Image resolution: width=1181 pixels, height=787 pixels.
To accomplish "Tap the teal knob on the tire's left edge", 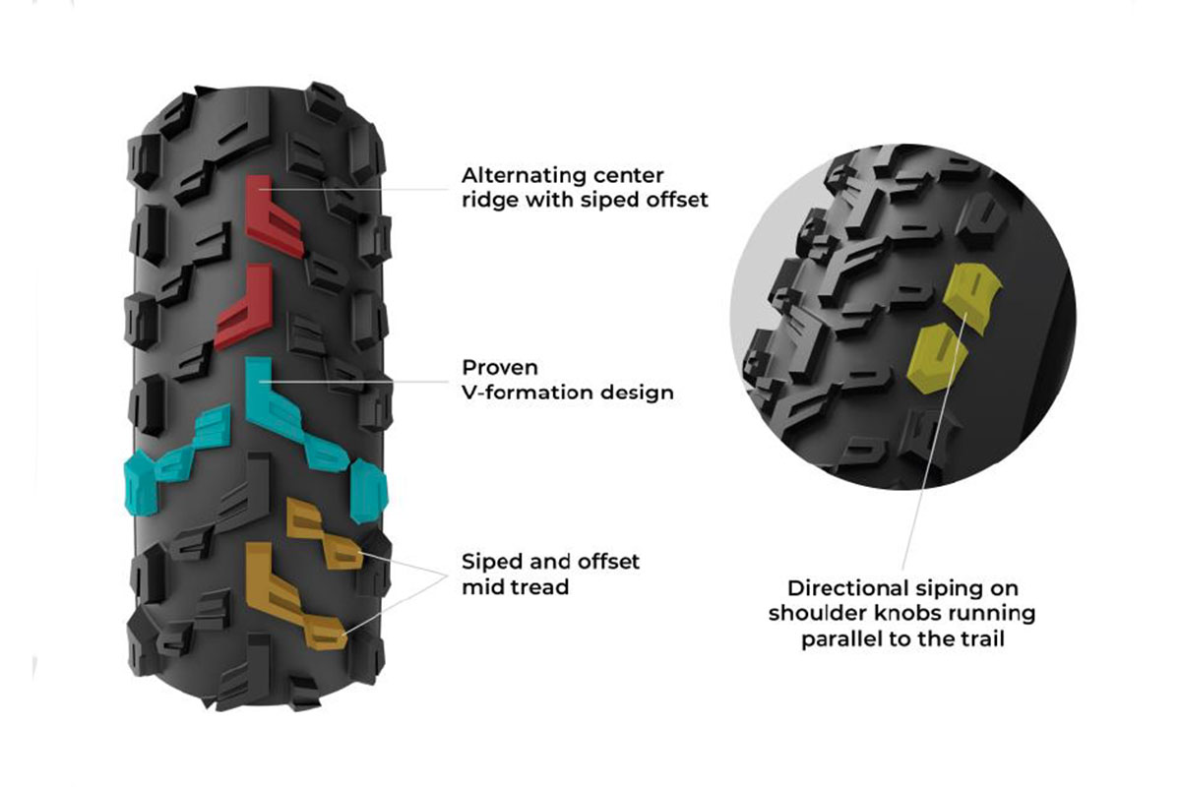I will point(138,482).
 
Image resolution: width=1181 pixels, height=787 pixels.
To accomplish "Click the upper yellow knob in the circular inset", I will point(968,290).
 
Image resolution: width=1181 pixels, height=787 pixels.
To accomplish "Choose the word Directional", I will point(847,588).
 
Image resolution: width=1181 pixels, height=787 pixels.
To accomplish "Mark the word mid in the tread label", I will point(483,587).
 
